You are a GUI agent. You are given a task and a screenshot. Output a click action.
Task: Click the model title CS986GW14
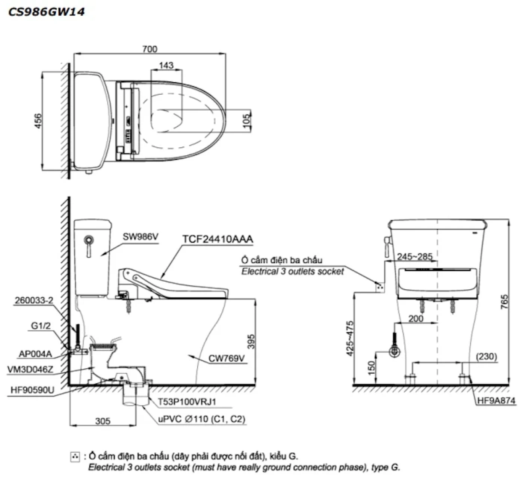(x=47, y=12)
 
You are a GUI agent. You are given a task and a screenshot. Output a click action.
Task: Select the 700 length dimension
(x=150, y=49)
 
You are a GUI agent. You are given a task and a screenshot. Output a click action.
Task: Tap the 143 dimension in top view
(x=166, y=65)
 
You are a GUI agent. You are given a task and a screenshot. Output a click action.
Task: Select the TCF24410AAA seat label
(x=218, y=239)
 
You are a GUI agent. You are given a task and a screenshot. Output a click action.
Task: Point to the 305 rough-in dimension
(x=103, y=421)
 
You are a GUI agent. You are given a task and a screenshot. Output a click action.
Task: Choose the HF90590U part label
(x=30, y=391)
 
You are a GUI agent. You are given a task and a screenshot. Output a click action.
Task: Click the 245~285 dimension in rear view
(x=415, y=257)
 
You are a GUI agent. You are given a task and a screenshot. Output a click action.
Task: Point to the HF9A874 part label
(x=496, y=401)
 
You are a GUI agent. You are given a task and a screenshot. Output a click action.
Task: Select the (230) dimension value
(x=486, y=356)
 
